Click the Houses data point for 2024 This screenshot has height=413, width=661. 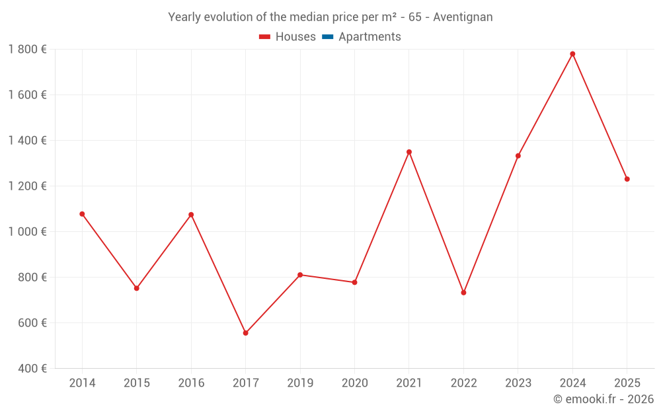572,54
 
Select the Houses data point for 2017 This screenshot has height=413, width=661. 245,333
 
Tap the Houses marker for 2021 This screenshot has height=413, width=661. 409,152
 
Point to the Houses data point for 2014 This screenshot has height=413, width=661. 82,214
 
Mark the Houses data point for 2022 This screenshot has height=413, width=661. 463,293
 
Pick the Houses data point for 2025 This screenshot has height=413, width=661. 627,179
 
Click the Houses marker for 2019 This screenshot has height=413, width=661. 300,275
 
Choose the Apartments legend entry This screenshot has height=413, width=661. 369,37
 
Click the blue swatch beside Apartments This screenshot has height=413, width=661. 327,37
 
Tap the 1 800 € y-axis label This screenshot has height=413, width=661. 27,50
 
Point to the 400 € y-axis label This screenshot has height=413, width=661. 32,369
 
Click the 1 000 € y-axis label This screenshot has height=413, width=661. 27,232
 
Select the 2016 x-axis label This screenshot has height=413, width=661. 191,383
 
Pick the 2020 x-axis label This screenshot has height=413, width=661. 354,383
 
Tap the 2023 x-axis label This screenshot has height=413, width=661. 518,383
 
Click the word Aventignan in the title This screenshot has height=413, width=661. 463,17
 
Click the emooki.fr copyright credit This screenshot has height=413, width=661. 603,399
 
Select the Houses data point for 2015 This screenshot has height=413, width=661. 136,288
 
